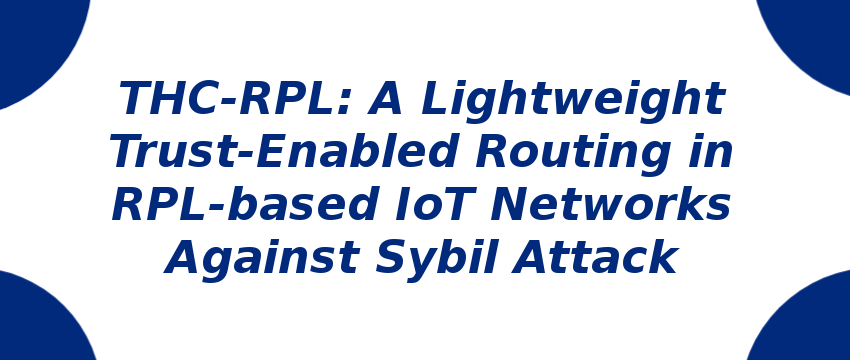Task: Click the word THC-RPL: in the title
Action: click(x=234, y=99)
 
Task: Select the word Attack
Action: click(x=599, y=258)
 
